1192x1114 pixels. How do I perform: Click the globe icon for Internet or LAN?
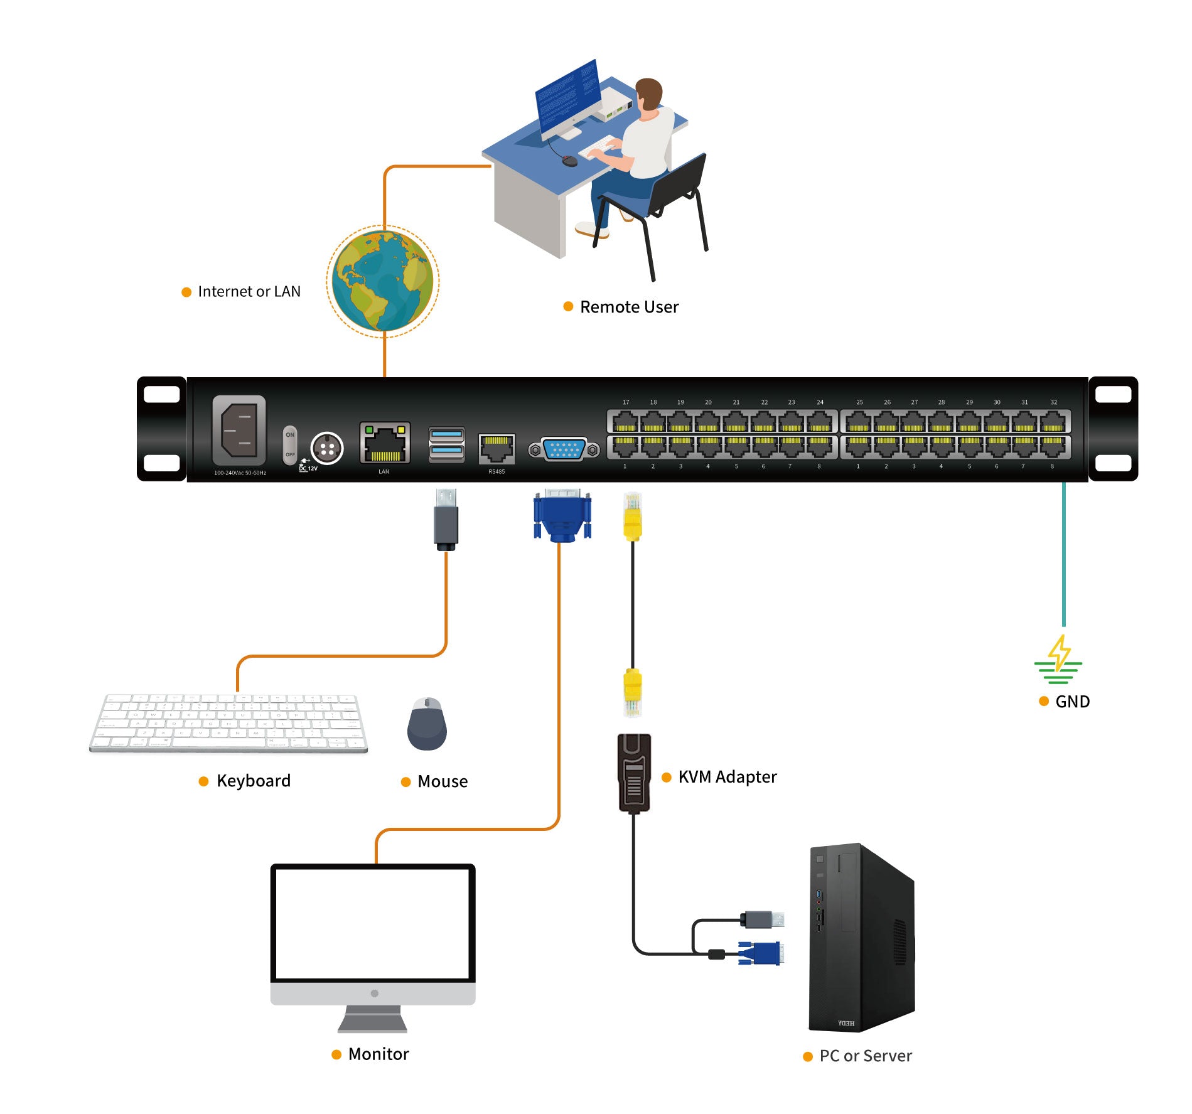[383, 281]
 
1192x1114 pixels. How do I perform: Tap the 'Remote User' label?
[629, 307]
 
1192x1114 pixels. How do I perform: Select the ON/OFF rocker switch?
[289, 445]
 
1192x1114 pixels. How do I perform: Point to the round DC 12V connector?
[327, 448]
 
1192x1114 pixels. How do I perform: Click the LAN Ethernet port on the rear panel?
[385, 443]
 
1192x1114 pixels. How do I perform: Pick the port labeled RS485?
[497, 449]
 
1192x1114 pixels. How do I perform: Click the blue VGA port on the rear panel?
[564, 449]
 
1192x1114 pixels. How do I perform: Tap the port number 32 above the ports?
[1054, 402]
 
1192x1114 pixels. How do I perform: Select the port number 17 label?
[626, 402]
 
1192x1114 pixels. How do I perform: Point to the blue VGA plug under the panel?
[562, 517]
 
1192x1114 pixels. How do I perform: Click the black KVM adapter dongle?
[635, 773]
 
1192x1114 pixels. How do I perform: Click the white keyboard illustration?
[228, 722]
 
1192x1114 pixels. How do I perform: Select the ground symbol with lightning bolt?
[1058, 661]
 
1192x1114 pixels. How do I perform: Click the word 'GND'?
[1072, 702]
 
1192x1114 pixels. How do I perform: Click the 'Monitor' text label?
[378, 1054]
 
